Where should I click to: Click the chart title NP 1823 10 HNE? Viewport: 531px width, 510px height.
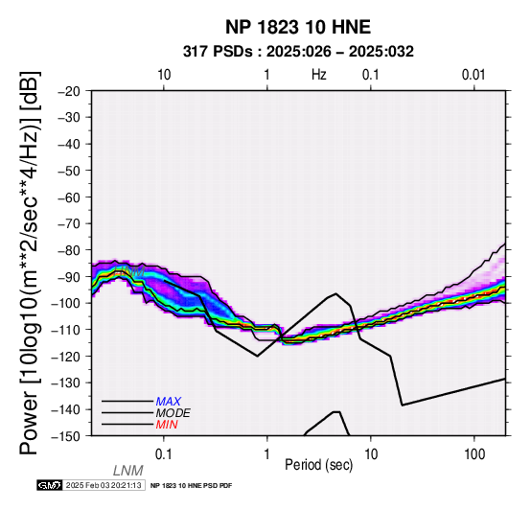click(298, 27)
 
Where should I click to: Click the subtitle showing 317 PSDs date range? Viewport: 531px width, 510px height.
click(298, 52)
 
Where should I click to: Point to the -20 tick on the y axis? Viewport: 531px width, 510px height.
click(69, 91)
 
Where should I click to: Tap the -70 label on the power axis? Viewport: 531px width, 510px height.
click(69, 224)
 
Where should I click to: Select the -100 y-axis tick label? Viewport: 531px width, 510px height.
click(66, 303)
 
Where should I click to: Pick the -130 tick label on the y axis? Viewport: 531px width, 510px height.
click(66, 383)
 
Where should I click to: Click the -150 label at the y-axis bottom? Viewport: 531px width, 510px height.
click(66, 436)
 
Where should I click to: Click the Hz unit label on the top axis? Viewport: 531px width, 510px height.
click(319, 75)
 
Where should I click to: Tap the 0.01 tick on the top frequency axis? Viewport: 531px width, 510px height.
click(473, 75)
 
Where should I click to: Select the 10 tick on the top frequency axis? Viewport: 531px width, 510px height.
click(164, 75)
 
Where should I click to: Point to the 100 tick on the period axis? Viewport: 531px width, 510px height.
click(474, 454)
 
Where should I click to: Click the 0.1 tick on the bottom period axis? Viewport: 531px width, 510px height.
click(163, 454)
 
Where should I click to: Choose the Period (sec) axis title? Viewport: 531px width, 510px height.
click(319, 465)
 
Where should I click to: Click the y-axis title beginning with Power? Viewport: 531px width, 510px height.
click(30, 264)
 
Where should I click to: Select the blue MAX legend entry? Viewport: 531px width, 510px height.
click(169, 402)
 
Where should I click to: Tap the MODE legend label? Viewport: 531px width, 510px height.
click(173, 413)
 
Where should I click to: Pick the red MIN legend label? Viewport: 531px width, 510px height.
click(167, 425)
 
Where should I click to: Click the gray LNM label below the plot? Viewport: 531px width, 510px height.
click(128, 471)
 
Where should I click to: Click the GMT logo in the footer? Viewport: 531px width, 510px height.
click(50, 485)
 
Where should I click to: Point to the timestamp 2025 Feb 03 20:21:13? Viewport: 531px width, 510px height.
click(104, 485)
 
